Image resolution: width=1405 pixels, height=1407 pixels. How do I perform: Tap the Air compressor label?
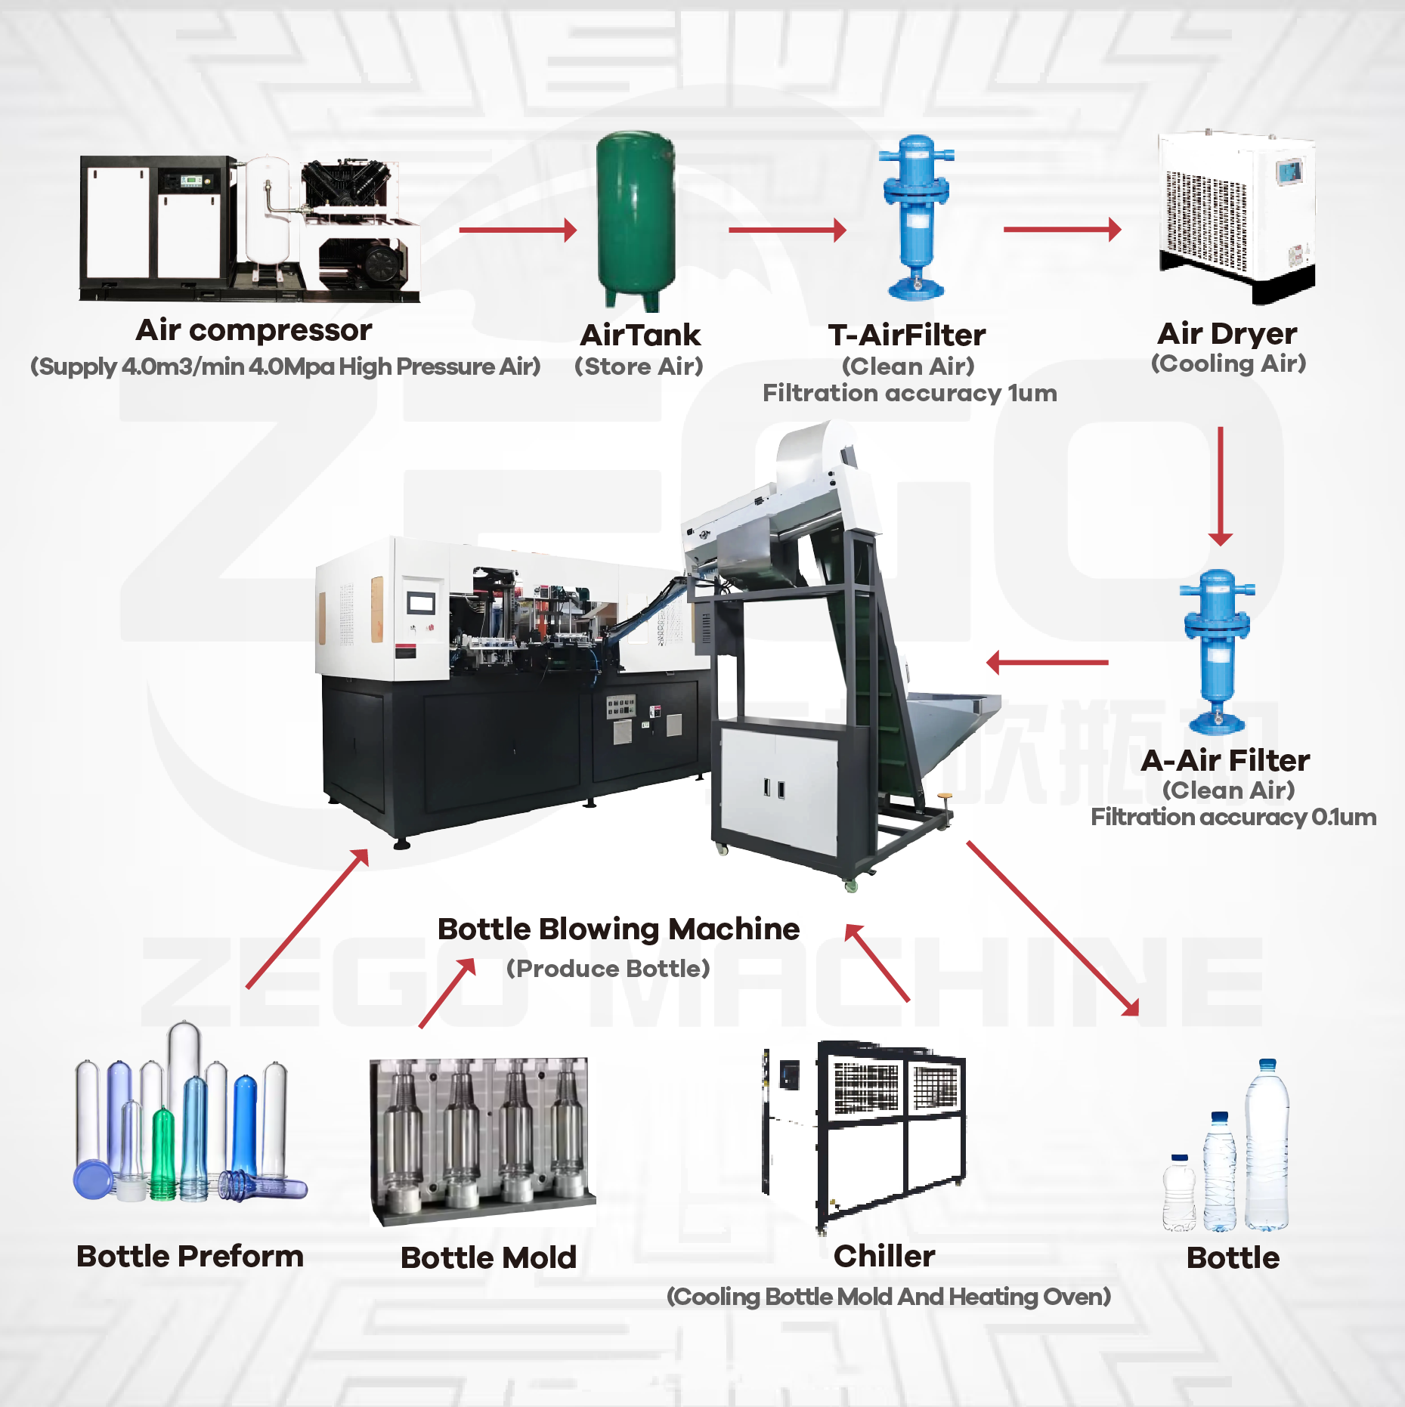[254, 330]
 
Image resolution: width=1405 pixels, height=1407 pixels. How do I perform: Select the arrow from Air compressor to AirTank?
[517, 230]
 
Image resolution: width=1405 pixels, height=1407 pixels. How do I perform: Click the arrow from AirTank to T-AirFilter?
[787, 230]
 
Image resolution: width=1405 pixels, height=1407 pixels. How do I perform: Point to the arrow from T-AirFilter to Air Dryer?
[1061, 229]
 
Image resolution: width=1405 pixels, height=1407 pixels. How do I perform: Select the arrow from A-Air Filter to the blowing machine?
[1047, 663]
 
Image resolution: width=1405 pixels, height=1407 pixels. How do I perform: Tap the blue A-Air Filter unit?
[1217, 651]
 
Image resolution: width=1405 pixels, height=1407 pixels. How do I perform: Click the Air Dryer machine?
[1237, 215]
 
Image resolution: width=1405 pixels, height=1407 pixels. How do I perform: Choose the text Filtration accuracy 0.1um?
[1233, 817]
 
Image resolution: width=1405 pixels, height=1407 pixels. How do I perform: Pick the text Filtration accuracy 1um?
[909, 393]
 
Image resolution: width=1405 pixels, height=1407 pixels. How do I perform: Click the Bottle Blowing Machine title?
[618, 929]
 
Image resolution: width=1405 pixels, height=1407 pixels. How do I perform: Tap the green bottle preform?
[163, 1152]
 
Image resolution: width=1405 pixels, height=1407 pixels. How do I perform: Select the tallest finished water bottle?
[1266, 1145]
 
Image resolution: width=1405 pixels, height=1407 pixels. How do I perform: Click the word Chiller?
[884, 1256]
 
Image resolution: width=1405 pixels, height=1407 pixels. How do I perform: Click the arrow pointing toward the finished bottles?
[1053, 929]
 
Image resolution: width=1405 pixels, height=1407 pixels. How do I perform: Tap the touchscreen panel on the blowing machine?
[421, 603]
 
